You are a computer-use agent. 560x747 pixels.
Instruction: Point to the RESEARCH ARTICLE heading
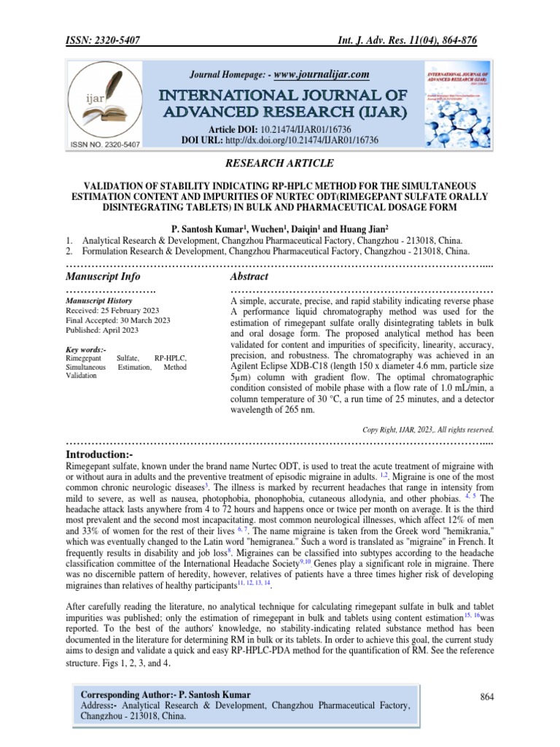pos(280,165)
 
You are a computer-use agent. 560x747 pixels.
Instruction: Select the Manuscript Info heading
pos(104,276)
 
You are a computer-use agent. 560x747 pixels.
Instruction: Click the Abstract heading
pos(249,276)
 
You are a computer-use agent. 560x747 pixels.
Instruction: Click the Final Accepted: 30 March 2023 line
pos(118,320)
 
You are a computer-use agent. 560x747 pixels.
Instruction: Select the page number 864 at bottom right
pos(487,698)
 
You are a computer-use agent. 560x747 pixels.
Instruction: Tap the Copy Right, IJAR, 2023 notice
pos(429,430)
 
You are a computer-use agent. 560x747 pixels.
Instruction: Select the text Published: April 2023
pos(101,330)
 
